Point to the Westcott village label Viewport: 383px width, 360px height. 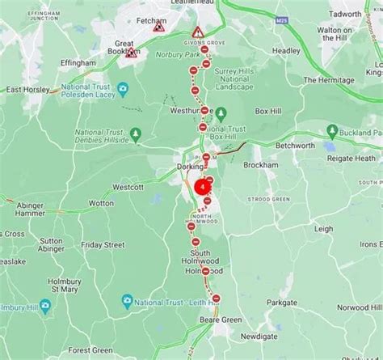pos(128,186)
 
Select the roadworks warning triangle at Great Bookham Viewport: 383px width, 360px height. pos(131,53)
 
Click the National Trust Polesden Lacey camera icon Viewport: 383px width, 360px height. pos(122,88)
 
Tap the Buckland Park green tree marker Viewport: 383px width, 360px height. pos(331,132)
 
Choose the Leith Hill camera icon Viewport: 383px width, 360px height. pos(126,301)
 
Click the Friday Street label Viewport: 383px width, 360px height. pos(103,244)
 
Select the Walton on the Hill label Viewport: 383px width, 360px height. pos(340,34)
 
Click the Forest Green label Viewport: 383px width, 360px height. pos(90,349)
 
